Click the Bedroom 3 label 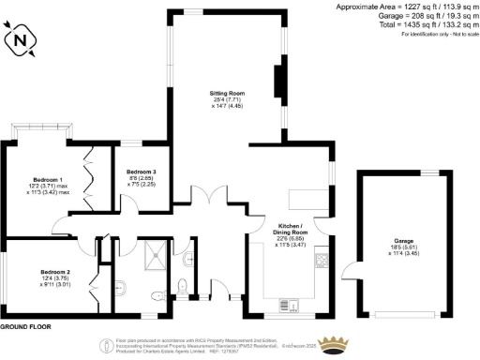click(141, 172)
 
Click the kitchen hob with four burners click(321, 260)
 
